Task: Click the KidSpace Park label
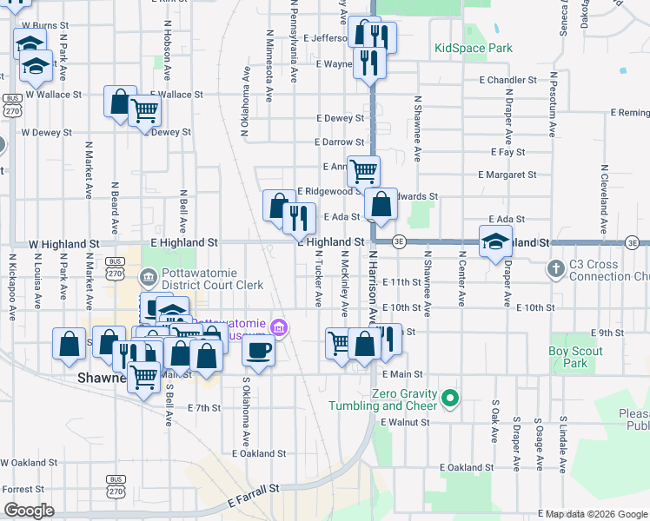tap(474, 49)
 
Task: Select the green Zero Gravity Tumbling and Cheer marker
tap(449, 399)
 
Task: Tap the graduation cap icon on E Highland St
tap(495, 241)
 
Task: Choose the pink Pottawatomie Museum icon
tap(280, 328)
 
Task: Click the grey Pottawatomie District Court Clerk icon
tap(148, 277)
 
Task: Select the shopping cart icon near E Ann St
tap(363, 170)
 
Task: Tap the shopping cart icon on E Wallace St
tap(144, 110)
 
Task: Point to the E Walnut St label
tap(406, 422)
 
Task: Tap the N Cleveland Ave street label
tap(602, 200)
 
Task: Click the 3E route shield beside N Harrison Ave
tap(399, 241)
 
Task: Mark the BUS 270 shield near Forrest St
tap(115, 485)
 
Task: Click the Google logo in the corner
tap(29, 511)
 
